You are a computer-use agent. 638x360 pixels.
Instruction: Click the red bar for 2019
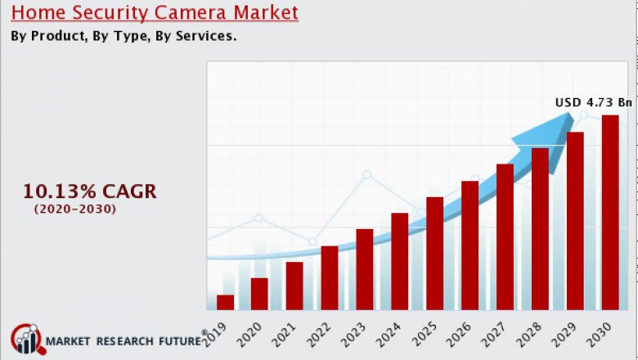coord(225,302)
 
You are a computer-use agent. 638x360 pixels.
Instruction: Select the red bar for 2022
coord(330,277)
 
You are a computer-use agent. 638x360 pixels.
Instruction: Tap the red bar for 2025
coord(434,253)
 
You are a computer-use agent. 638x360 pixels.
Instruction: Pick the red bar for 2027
coord(505,236)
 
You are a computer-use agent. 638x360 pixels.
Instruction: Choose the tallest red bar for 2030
coord(610,212)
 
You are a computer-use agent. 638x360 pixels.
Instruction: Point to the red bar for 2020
coord(259,294)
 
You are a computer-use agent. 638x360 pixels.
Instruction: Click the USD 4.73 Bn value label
coord(594,102)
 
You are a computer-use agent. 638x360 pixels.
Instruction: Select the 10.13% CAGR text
coord(89,191)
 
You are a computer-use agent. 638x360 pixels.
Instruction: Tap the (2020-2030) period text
coord(75,209)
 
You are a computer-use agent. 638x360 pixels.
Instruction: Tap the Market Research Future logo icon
coord(25,340)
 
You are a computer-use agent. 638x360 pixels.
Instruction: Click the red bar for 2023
coord(365,269)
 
